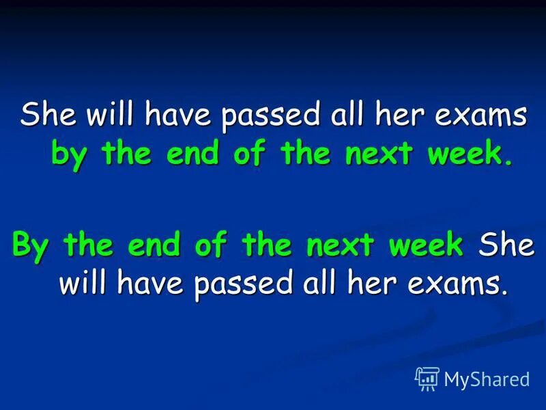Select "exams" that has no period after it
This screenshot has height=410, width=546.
(486, 116)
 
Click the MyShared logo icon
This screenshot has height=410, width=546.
(427, 377)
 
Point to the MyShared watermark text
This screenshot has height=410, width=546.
(487, 379)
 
